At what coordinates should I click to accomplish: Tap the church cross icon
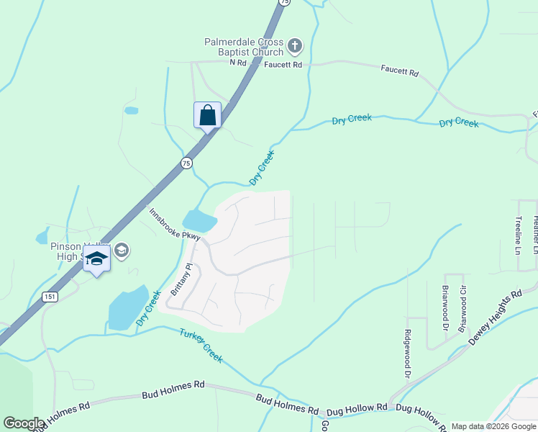pyautogui.click(x=294, y=47)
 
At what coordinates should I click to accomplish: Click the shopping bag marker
pyautogui.click(x=207, y=115)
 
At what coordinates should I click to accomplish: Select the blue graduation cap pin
pyautogui.click(x=96, y=258)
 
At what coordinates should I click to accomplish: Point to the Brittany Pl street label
pyautogui.click(x=181, y=280)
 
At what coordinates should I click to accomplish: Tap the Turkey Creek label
pyautogui.click(x=201, y=345)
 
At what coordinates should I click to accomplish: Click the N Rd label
pyautogui.click(x=238, y=63)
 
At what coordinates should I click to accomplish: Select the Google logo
pyautogui.click(x=24, y=423)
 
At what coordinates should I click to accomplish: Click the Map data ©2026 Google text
pyautogui.click(x=493, y=426)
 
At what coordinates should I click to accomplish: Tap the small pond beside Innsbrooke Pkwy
pyautogui.click(x=199, y=221)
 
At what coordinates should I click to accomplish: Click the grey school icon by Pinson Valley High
pyautogui.click(x=121, y=251)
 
